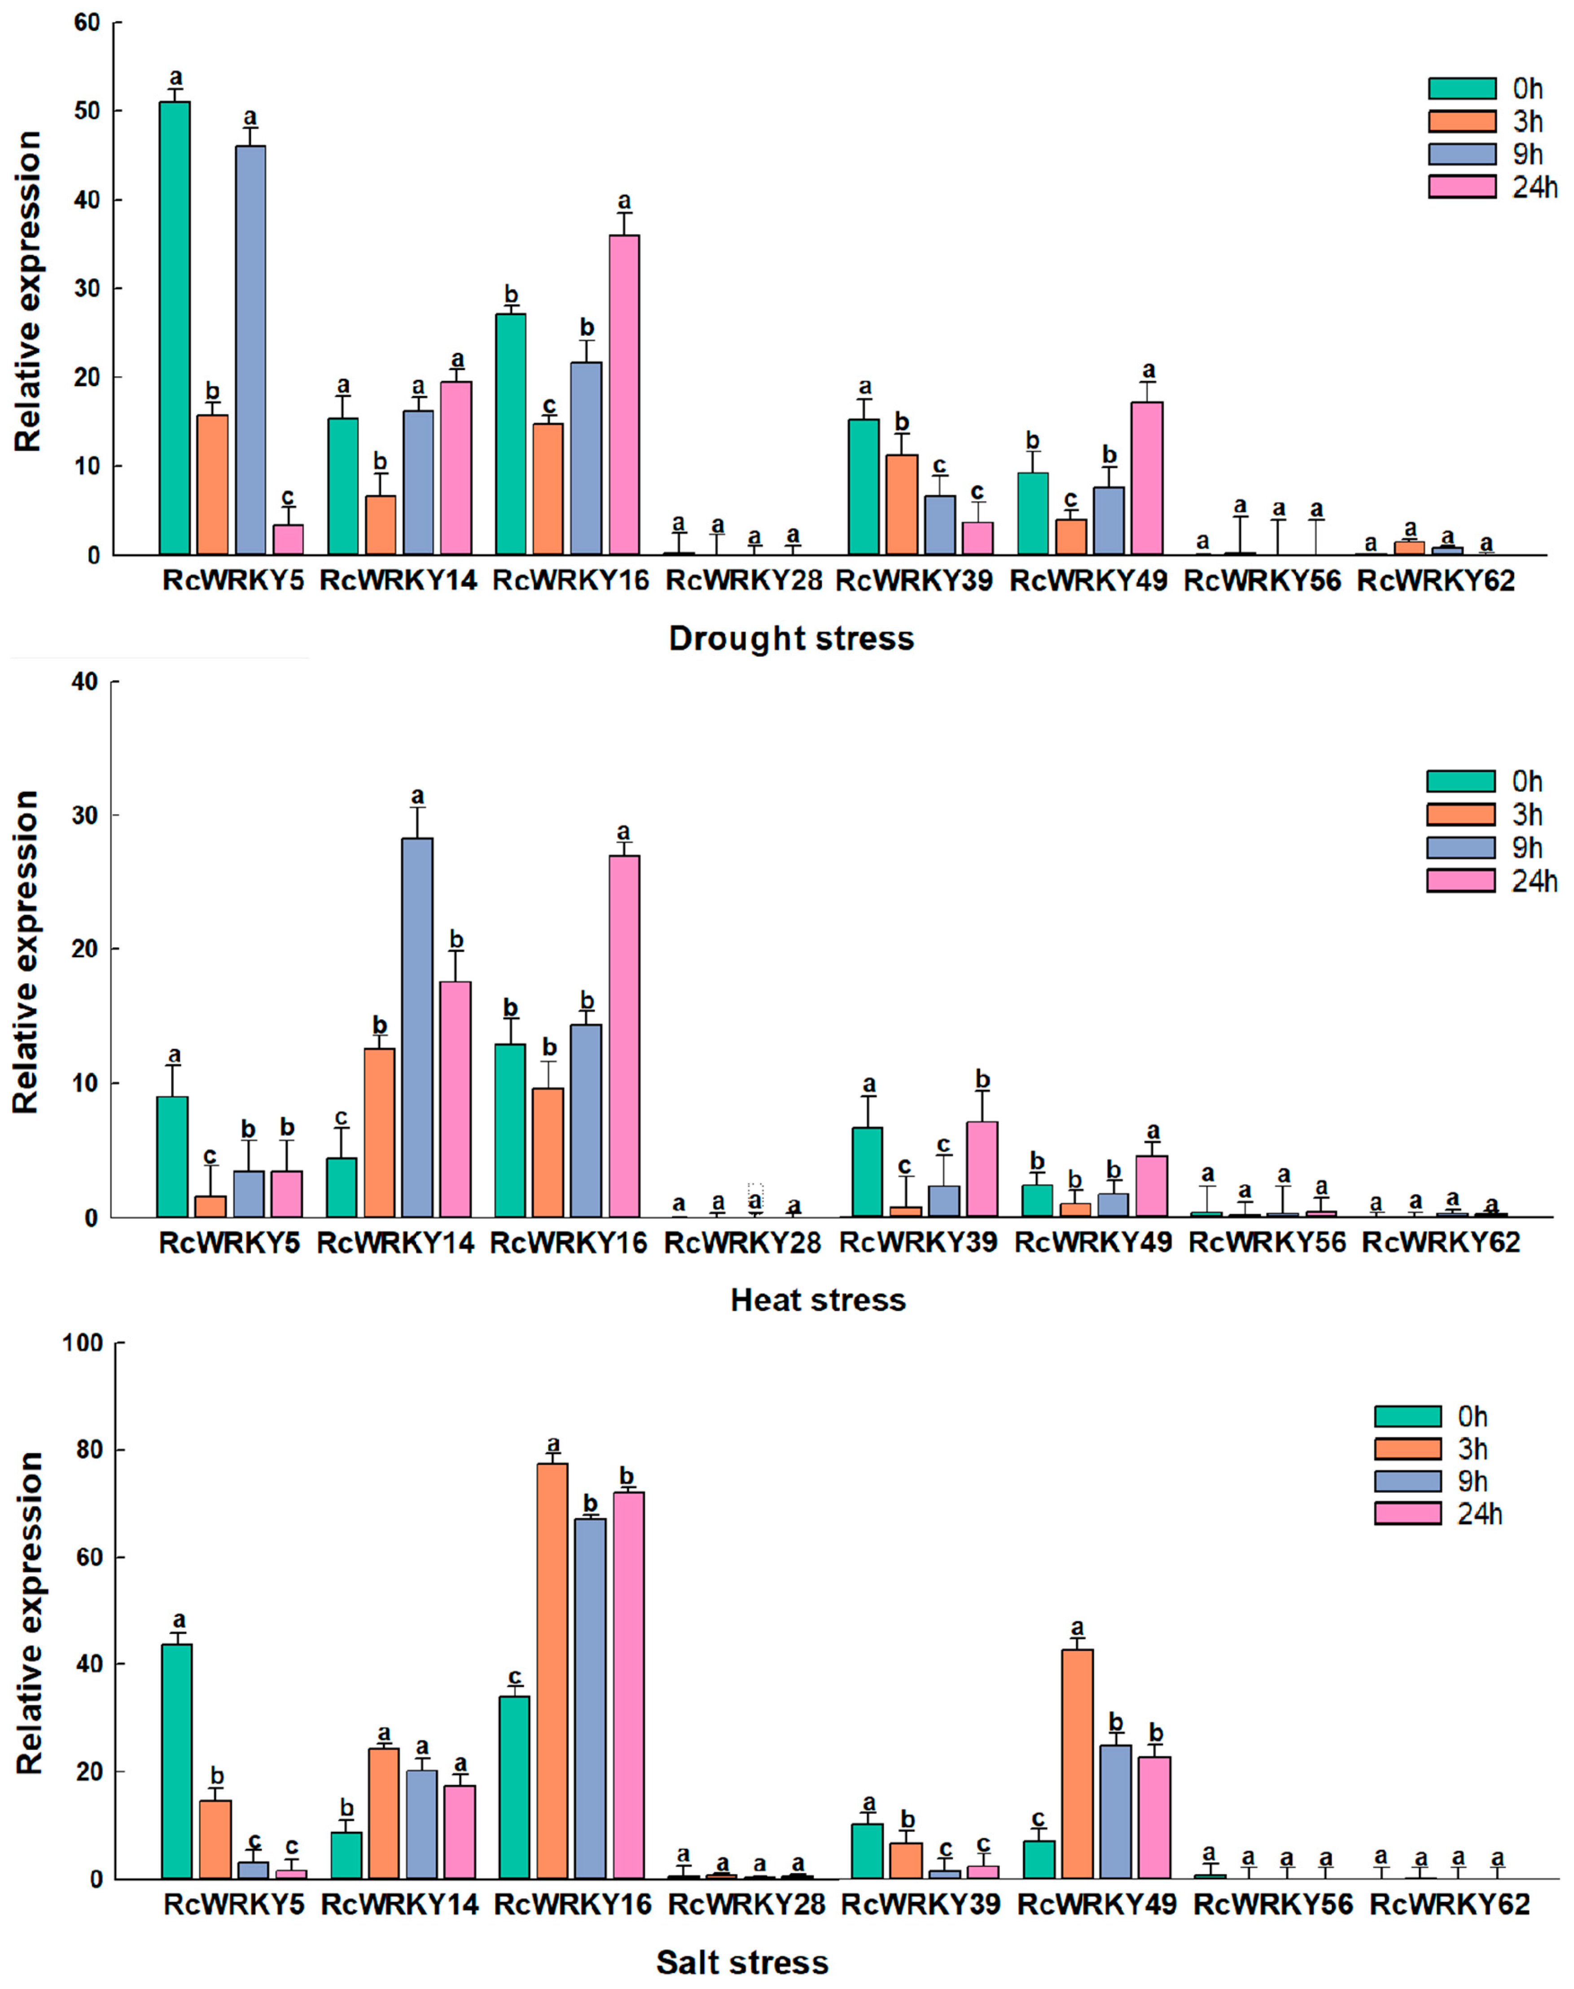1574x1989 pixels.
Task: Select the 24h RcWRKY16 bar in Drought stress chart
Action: pyautogui.click(x=624, y=395)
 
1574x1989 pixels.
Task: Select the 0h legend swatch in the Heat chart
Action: pyautogui.click(x=1460, y=782)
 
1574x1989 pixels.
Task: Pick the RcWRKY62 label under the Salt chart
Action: pyautogui.click(x=1449, y=1904)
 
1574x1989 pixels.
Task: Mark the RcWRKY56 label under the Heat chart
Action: pyautogui.click(x=1267, y=1242)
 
